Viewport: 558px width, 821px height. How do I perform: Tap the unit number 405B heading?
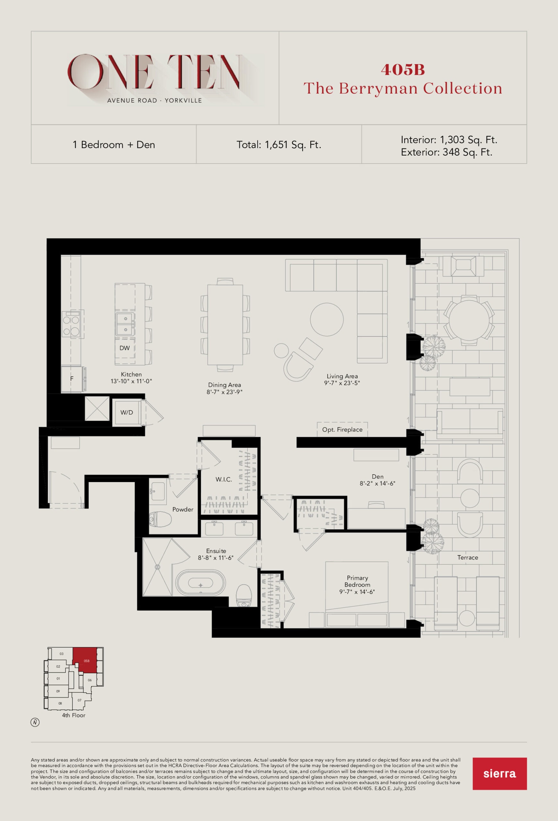tap(403, 70)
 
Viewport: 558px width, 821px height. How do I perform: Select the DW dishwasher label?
tap(124, 348)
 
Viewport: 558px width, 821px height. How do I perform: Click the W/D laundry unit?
tap(127, 412)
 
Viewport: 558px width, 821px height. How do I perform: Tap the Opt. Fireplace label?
tap(342, 429)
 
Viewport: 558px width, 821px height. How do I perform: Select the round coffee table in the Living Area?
tap(327, 319)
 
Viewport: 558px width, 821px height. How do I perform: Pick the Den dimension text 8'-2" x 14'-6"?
tap(377, 483)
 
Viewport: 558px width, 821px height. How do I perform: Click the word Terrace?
tap(468, 557)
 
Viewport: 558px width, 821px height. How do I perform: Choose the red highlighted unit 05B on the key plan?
tap(85, 660)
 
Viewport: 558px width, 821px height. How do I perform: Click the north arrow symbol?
tap(35, 723)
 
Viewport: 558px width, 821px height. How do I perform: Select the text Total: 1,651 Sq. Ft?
tap(279, 145)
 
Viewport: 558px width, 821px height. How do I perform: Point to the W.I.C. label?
tap(224, 479)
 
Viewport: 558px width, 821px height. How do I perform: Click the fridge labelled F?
tap(72, 379)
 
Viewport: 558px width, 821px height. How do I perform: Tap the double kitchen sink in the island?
tap(125, 324)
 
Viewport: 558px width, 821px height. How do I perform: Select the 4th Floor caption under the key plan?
tap(73, 715)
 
